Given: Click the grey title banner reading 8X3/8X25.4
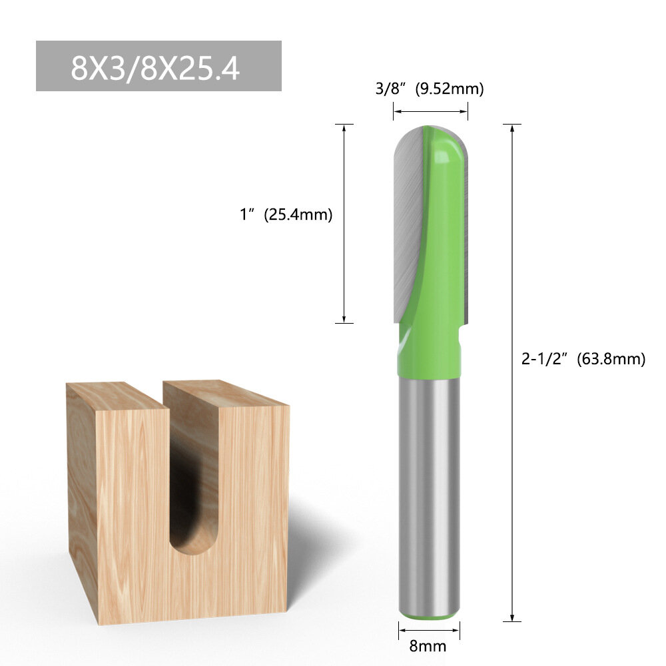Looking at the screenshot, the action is point(159,66).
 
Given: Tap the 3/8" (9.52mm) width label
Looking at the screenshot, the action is point(430,89).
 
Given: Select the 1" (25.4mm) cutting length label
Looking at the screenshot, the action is point(286,214).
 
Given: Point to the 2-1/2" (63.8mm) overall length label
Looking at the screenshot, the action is point(583,359).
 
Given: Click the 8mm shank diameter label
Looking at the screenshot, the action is point(428,646).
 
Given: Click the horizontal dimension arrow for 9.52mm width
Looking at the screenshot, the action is point(430,112).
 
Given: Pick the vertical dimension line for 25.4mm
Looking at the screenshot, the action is point(344,224).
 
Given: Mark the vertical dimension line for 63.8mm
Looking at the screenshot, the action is point(512,373).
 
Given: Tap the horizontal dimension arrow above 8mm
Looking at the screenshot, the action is point(429,630).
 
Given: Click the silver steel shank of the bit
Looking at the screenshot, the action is point(429,495).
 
